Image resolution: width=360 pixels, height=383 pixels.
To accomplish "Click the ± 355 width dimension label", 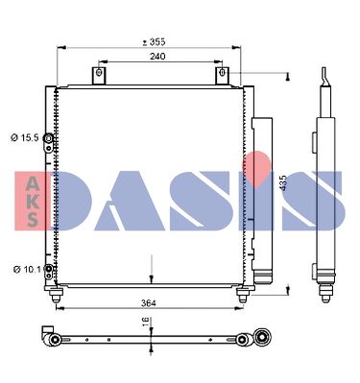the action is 154,41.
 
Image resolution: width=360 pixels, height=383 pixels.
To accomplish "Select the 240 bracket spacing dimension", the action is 157,57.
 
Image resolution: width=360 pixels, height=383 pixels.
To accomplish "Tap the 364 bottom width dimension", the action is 149,303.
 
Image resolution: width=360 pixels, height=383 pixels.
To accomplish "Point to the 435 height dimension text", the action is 283,183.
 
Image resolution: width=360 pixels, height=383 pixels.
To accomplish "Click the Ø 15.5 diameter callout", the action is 25,138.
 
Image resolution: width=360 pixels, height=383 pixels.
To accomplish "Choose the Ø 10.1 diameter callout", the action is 27,270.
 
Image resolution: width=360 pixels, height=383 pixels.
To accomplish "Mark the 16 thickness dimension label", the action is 145,322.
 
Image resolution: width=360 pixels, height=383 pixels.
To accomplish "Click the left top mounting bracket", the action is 99,76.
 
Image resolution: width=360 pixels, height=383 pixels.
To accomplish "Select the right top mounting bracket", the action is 223,76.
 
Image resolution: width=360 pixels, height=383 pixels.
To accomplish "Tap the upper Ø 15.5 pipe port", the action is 48,138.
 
